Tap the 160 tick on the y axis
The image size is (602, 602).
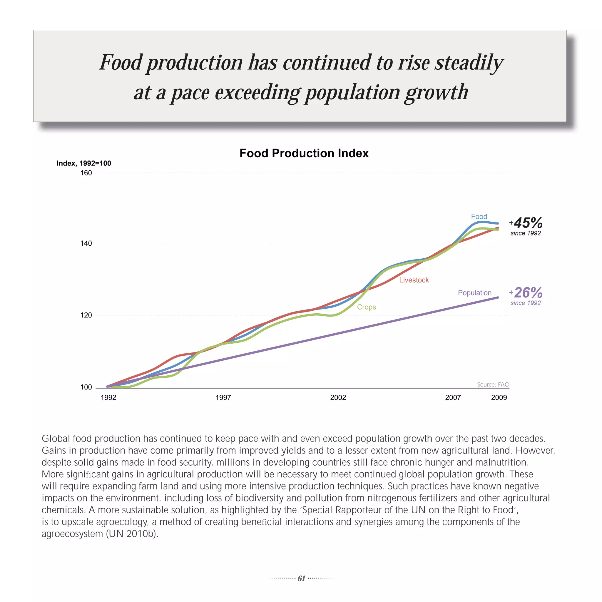pos(86,173)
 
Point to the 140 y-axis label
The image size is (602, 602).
pos(86,243)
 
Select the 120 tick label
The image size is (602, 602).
pos(86,315)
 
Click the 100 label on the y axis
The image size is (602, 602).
pos(86,387)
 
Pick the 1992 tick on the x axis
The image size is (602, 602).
pos(108,397)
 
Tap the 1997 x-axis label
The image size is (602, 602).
pos(223,397)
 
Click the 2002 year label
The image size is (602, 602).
pos(338,397)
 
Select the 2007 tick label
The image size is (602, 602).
pos(453,397)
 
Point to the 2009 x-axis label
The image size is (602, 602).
pos(499,397)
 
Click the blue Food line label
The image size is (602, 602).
pos(479,217)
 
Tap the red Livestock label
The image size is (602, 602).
pos(414,280)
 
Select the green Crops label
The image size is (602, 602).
pos(367,307)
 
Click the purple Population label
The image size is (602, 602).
pos(474,293)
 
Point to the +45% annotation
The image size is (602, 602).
pos(526,223)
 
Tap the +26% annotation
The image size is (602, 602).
pos(526,293)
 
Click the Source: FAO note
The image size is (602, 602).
pos(493,384)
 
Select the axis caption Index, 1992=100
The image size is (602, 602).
pos(84,163)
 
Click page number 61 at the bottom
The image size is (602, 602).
pos(301,578)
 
